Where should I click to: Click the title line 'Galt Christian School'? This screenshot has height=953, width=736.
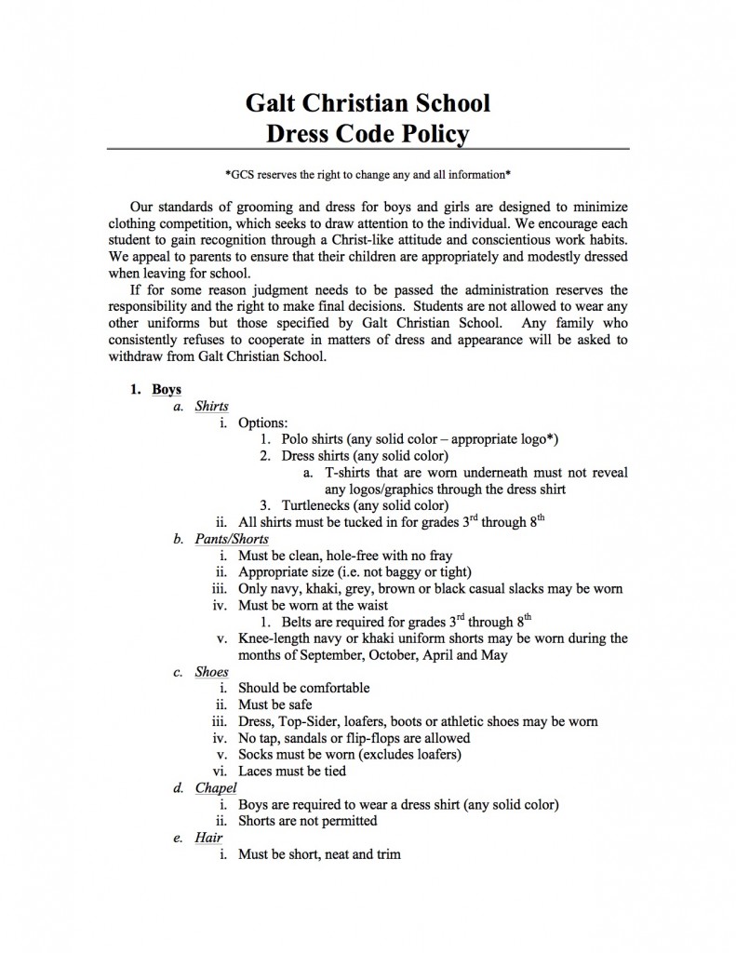coord(368,101)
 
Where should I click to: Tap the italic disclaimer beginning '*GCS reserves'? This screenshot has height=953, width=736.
coord(368,174)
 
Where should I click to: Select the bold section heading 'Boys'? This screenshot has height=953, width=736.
coord(167,389)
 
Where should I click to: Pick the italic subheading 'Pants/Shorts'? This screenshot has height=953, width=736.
coord(232,539)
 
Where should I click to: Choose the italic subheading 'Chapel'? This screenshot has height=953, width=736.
coord(216,788)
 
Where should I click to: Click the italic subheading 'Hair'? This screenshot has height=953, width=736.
coord(208,838)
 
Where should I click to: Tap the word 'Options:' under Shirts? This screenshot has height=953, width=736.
coord(263,423)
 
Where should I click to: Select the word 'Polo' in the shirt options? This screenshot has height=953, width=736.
coord(297,439)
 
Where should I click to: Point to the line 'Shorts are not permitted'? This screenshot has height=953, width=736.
coord(308,821)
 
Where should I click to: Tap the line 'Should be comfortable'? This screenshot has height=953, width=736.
coord(304,688)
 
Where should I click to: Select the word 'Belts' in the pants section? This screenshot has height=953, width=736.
coord(299,622)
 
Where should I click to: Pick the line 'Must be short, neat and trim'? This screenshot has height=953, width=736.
coord(319,853)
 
